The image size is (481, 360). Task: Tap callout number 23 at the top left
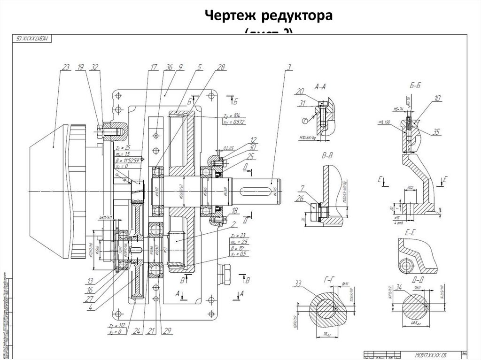point(65,67)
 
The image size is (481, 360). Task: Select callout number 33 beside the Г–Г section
point(297,283)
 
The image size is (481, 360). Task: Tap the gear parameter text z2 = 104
point(232,115)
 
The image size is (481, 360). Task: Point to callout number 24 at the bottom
point(136,331)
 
